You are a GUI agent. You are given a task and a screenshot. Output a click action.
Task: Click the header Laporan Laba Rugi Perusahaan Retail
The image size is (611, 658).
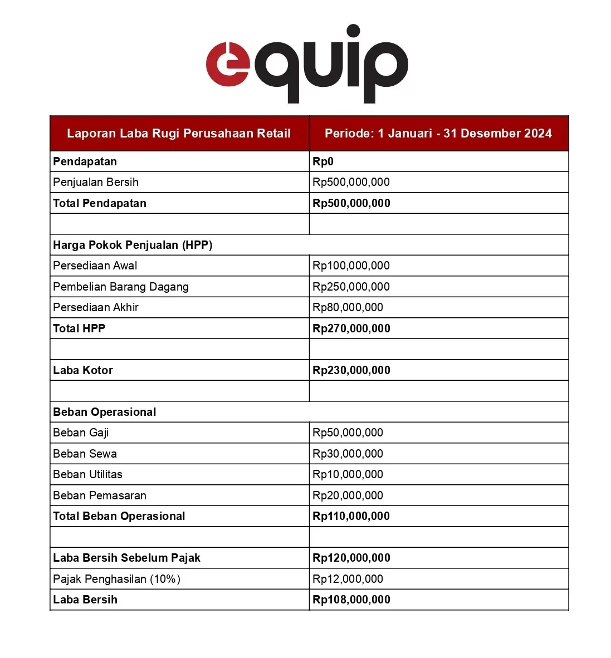179,134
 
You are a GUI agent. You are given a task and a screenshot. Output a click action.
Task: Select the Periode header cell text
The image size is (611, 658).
438,134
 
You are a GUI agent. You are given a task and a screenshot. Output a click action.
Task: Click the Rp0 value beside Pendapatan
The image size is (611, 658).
323,161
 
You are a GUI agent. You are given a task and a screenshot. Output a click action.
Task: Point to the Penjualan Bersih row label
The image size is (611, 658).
96,182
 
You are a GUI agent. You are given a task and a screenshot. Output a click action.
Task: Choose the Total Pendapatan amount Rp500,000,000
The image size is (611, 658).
351,203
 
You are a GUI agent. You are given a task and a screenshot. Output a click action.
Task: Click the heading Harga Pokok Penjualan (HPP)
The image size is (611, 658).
133,245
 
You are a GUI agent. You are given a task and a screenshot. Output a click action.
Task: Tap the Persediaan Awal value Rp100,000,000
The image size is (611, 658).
351,266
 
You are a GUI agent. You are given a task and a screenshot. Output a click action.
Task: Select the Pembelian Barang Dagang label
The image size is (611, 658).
121,287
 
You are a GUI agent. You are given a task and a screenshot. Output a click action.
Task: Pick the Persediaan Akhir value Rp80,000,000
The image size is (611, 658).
348,307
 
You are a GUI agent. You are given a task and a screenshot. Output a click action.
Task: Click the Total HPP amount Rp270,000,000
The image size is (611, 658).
351,328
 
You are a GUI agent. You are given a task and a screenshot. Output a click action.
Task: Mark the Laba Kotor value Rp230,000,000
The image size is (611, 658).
351,370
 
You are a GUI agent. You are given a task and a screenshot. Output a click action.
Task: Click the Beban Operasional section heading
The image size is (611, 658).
105,412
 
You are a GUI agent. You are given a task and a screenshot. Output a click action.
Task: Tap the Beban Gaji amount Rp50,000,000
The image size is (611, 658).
348,433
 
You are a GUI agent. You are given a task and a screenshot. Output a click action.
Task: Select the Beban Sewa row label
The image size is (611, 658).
85,454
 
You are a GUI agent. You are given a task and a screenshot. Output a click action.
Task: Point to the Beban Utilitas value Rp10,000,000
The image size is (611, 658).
348,474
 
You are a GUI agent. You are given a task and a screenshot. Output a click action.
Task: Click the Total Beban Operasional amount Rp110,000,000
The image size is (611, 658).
351,516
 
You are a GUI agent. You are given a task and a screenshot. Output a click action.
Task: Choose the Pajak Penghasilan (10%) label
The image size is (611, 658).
117,579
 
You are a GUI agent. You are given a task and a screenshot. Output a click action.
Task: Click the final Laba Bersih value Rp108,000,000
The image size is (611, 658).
351,600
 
